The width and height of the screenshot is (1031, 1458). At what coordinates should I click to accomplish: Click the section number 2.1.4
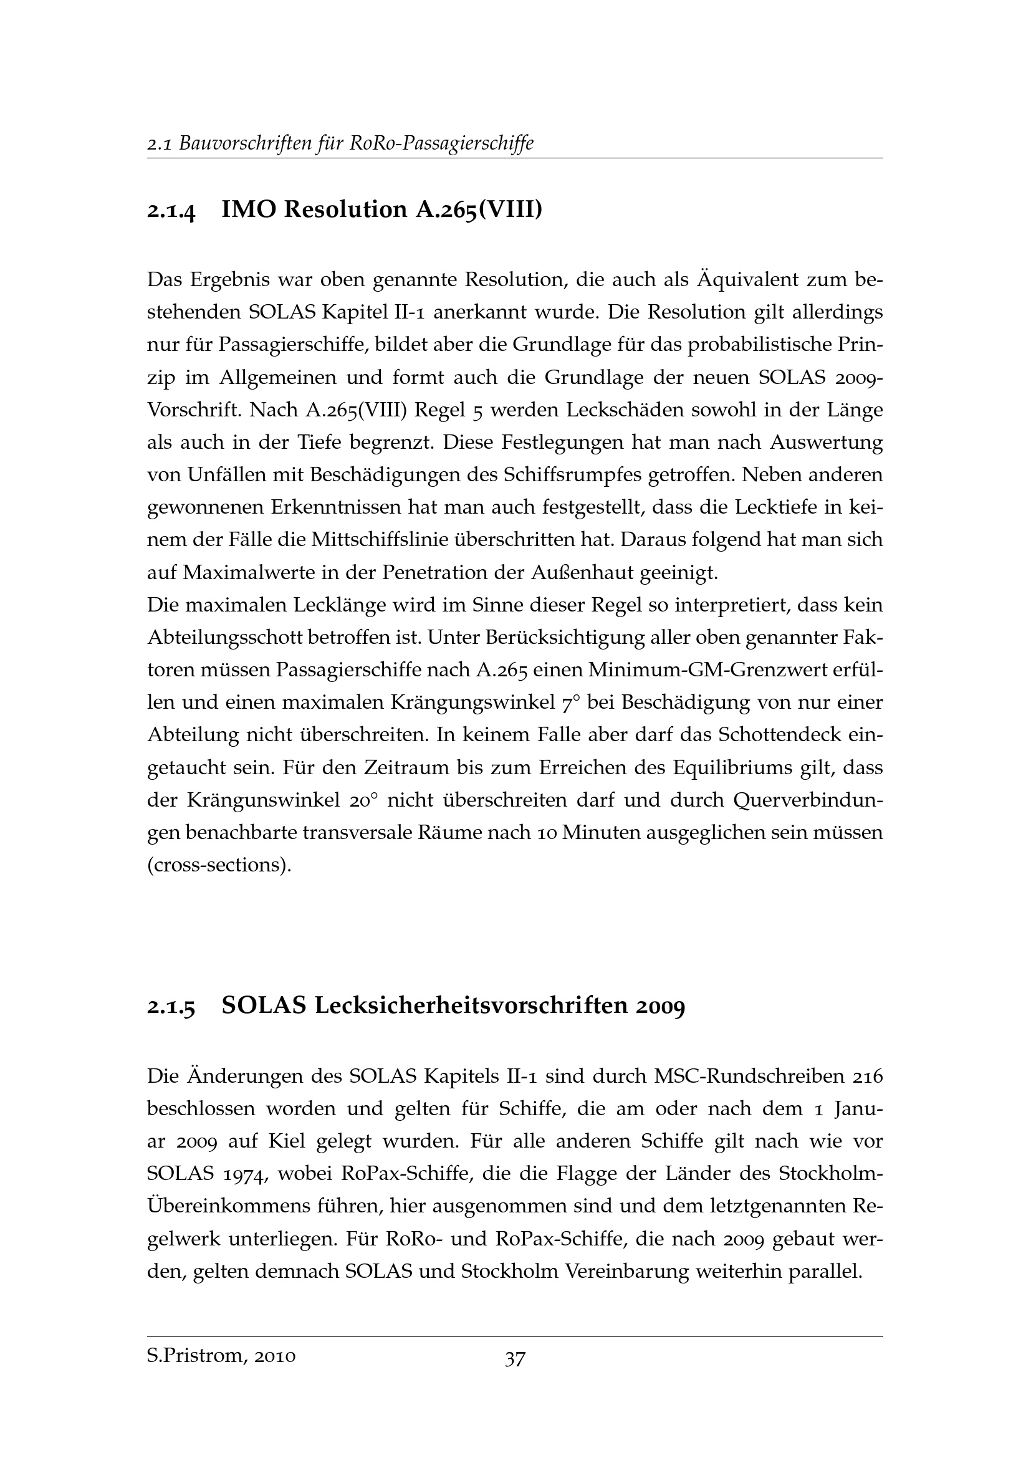(x=171, y=209)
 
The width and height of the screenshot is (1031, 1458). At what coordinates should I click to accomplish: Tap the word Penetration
(x=436, y=573)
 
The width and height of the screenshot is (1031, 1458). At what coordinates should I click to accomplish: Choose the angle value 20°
(x=363, y=801)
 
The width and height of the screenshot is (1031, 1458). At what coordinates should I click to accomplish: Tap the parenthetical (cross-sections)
(x=219, y=866)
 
